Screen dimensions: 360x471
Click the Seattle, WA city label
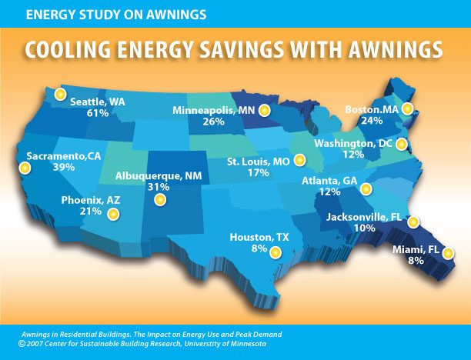click(99, 102)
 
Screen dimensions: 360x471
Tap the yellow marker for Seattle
click(59, 93)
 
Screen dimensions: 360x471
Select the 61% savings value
click(96, 113)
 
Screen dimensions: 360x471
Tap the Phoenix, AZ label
click(91, 199)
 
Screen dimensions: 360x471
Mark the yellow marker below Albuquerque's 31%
click(160, 200)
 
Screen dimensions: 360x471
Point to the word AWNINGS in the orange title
click(389, 49)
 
